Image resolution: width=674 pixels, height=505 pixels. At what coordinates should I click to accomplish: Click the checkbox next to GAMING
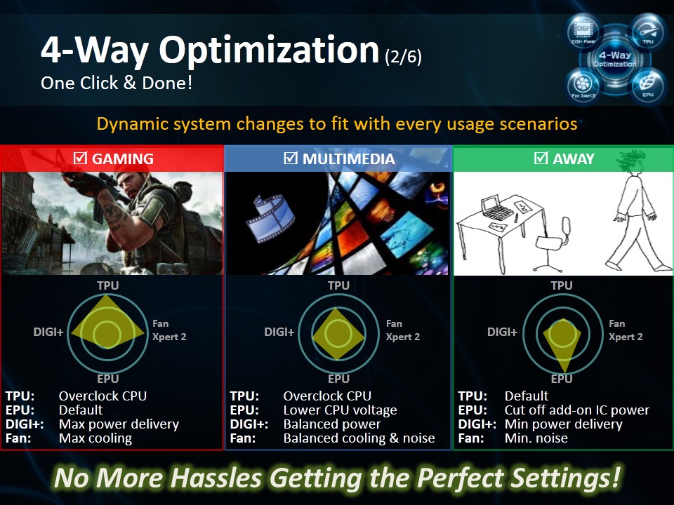pyautogui.click(x=80, y=158)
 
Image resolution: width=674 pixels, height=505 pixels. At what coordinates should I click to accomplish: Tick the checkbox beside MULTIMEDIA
pyautogui.click(x=291, y=158)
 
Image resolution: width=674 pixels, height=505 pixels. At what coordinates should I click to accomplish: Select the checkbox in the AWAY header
pyautogui.click(x=541, y=158)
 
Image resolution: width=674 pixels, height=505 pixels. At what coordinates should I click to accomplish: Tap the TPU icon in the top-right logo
pyautogui.click(x=648, y=32)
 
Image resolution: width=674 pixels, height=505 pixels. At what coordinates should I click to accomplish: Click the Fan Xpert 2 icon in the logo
pyautogui.click(x=583, y=86)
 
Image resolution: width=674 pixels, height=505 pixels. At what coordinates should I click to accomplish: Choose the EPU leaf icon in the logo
pyautogui.click(x=648, y=85)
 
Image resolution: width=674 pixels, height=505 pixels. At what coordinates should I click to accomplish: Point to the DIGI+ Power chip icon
pyautogui.click(x=583, y=32)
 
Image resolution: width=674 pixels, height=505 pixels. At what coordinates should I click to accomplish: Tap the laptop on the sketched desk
pyautogui.click(x=496, y=208)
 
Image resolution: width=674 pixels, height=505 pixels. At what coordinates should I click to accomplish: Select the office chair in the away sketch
pyautogui.click(x=554, y=245)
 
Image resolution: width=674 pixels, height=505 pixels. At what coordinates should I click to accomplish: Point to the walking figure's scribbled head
pyautogui.click(x=631, y=161)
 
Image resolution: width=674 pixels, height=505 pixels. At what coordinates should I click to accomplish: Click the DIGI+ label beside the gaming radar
pyautogui.click(x=48, y=332)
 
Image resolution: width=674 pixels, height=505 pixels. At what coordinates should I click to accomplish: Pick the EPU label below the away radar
pyautogui.click(x=562, y=379)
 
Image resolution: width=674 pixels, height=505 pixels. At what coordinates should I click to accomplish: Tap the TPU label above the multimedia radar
pyautogui.click(x=338, y=285)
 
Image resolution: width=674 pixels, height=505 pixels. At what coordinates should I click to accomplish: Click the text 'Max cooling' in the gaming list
pyautogui.click(x=95, y=438)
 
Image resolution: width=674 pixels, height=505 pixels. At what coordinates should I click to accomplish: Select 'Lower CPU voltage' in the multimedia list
pyautogui.click(x=340, y=410)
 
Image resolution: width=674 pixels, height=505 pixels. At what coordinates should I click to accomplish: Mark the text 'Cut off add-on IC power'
pyautogui.click(x=577, y=410)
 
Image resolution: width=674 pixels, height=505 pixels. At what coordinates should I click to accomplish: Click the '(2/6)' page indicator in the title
pyautogui.click(x=403, y=57)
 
